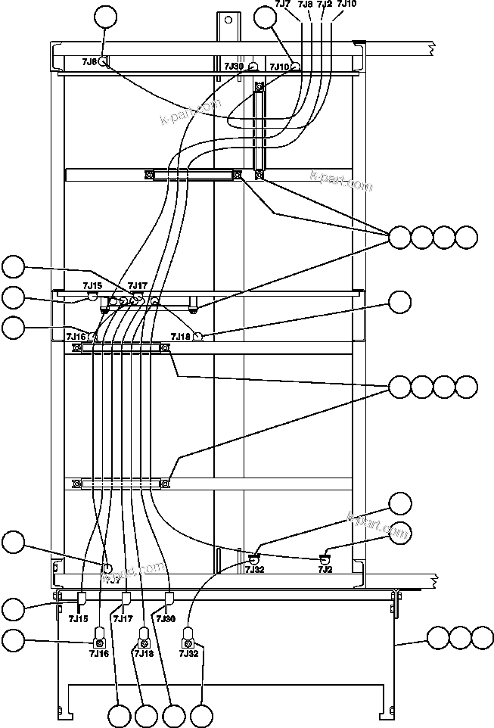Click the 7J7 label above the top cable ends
282,5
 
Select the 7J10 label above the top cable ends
346,5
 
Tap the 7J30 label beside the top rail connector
234,67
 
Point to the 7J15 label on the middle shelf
92,285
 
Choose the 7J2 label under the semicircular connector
325,568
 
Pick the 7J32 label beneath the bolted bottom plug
189,653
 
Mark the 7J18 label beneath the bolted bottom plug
144,653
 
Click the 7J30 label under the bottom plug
166,618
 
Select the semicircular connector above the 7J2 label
325,558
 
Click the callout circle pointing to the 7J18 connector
399,302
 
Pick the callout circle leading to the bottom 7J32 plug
201,715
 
